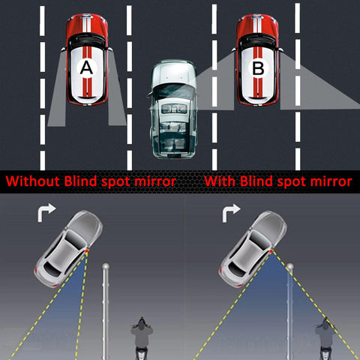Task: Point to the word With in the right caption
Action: tap(222, 181)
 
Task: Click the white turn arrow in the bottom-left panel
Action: tap(45, 215)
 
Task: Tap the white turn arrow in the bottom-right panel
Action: tap(229, 215)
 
